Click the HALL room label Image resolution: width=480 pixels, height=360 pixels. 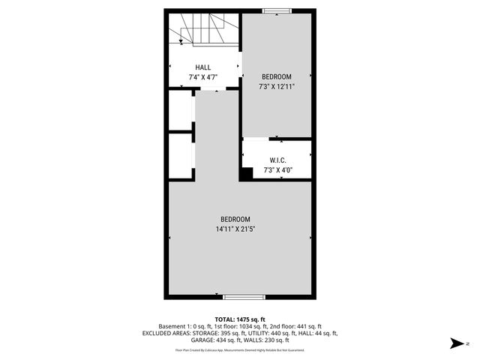(x=203, y=67)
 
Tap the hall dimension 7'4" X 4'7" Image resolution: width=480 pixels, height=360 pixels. (x=203, y=77)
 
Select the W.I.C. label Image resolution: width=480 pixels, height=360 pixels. (x=277, y=160)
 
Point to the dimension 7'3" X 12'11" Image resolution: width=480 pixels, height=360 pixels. (x=277, y=86)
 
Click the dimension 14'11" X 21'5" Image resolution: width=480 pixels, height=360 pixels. (x=239, y=229)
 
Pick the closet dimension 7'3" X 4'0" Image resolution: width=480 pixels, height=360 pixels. (x=277, y=170)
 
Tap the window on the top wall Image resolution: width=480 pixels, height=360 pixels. (x=277, y=11)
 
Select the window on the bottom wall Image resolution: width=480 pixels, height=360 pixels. (x=244, y=297)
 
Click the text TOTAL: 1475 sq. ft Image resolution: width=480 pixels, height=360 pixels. (x=240, y=319)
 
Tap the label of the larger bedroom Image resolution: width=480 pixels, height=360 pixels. (x=239, y=219)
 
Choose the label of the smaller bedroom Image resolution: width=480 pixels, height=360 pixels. (x=277, y=76)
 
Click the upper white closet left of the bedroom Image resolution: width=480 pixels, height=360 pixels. (x=180, y=110)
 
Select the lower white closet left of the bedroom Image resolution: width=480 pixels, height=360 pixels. (x=180, y=155)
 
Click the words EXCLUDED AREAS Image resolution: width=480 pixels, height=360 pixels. (x=166, y=334)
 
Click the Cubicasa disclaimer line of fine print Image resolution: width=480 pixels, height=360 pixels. (x=240, y=350)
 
